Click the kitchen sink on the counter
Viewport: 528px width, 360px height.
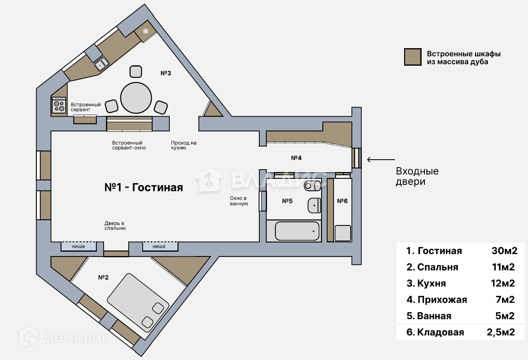click(x=102, y=63)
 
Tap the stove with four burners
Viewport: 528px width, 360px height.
click(x=59, y=105)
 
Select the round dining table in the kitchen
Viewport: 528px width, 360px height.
click(x=136, y=98)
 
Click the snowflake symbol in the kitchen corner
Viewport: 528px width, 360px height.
click(x=146, y=31)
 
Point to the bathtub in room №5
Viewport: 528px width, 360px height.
click(x=297, y=231)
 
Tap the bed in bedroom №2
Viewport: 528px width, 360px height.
click(x=138, y=301)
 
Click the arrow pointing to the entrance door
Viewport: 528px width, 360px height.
click(x=381, y=160)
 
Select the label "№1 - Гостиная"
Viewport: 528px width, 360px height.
click(x=143, y=187)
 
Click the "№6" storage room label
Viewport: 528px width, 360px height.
click(x=342, y=201)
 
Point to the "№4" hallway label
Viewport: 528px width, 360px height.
click(x=296, y=158)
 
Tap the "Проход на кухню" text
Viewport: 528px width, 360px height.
click(x=183, y=145)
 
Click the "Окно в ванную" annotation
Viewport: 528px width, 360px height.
click(x=239, y=201)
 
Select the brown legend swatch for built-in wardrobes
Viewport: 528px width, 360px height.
click(x=412, y=57)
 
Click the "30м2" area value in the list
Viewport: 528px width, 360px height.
click(x=504, y=250)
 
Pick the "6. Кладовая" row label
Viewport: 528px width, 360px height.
click(x=435, y=332)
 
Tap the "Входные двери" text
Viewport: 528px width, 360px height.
click(x=417, y=176)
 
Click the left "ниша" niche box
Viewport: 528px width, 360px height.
click(x=79, y=247)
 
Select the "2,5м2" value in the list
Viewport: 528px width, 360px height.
click(x=501, y=332)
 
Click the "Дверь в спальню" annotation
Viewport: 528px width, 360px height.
click(x=115, y=226)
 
